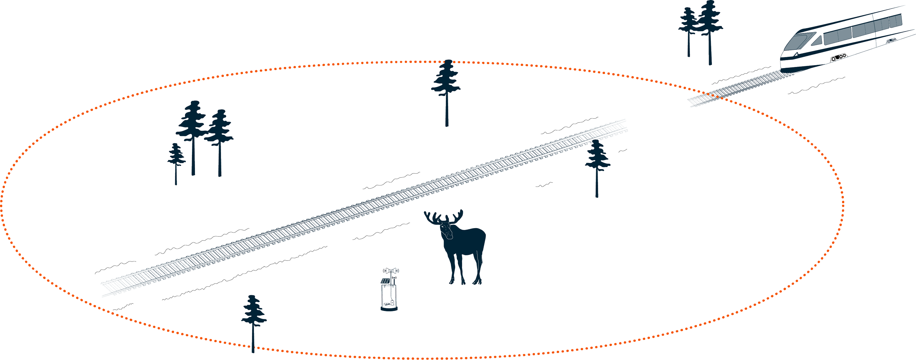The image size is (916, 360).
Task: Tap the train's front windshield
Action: [x=801, y=41]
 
